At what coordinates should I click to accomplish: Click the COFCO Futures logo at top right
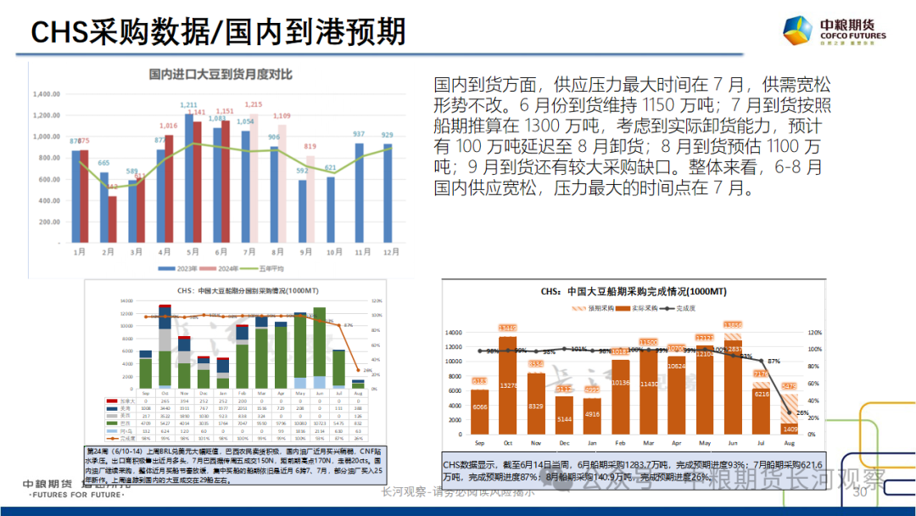[x=835, y=32]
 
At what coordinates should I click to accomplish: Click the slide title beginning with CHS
[x=218, y=32]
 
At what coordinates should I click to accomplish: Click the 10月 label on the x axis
[x=331, y=252]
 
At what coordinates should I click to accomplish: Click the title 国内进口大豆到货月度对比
[x=221, y=75]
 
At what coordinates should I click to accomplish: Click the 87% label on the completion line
[x=774, y=361]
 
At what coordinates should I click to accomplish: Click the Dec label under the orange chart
[x=563, y=444]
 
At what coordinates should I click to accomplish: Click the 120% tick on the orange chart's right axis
[x=816, y=333]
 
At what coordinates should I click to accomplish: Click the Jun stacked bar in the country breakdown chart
[x=319, y=347]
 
